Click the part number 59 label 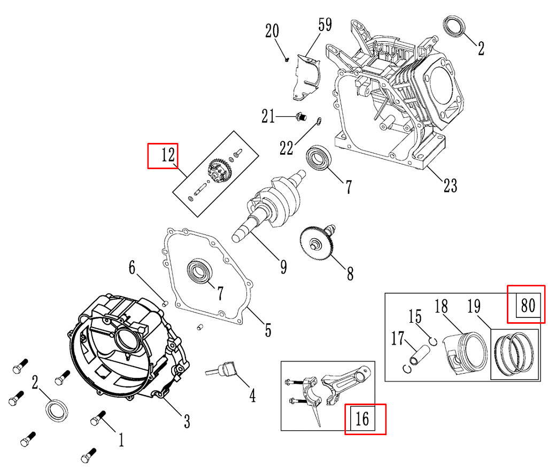pos(325,25)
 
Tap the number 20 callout pos(272,31)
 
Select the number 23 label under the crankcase pos(450,185)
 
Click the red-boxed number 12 pos(167,155)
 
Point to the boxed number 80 pos(527,305)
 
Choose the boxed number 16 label pos(362,419)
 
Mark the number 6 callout pos(132,267)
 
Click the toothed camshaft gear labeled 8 pos(317,244)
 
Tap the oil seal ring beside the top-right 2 pos(455,27)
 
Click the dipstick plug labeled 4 pos(224,370)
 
